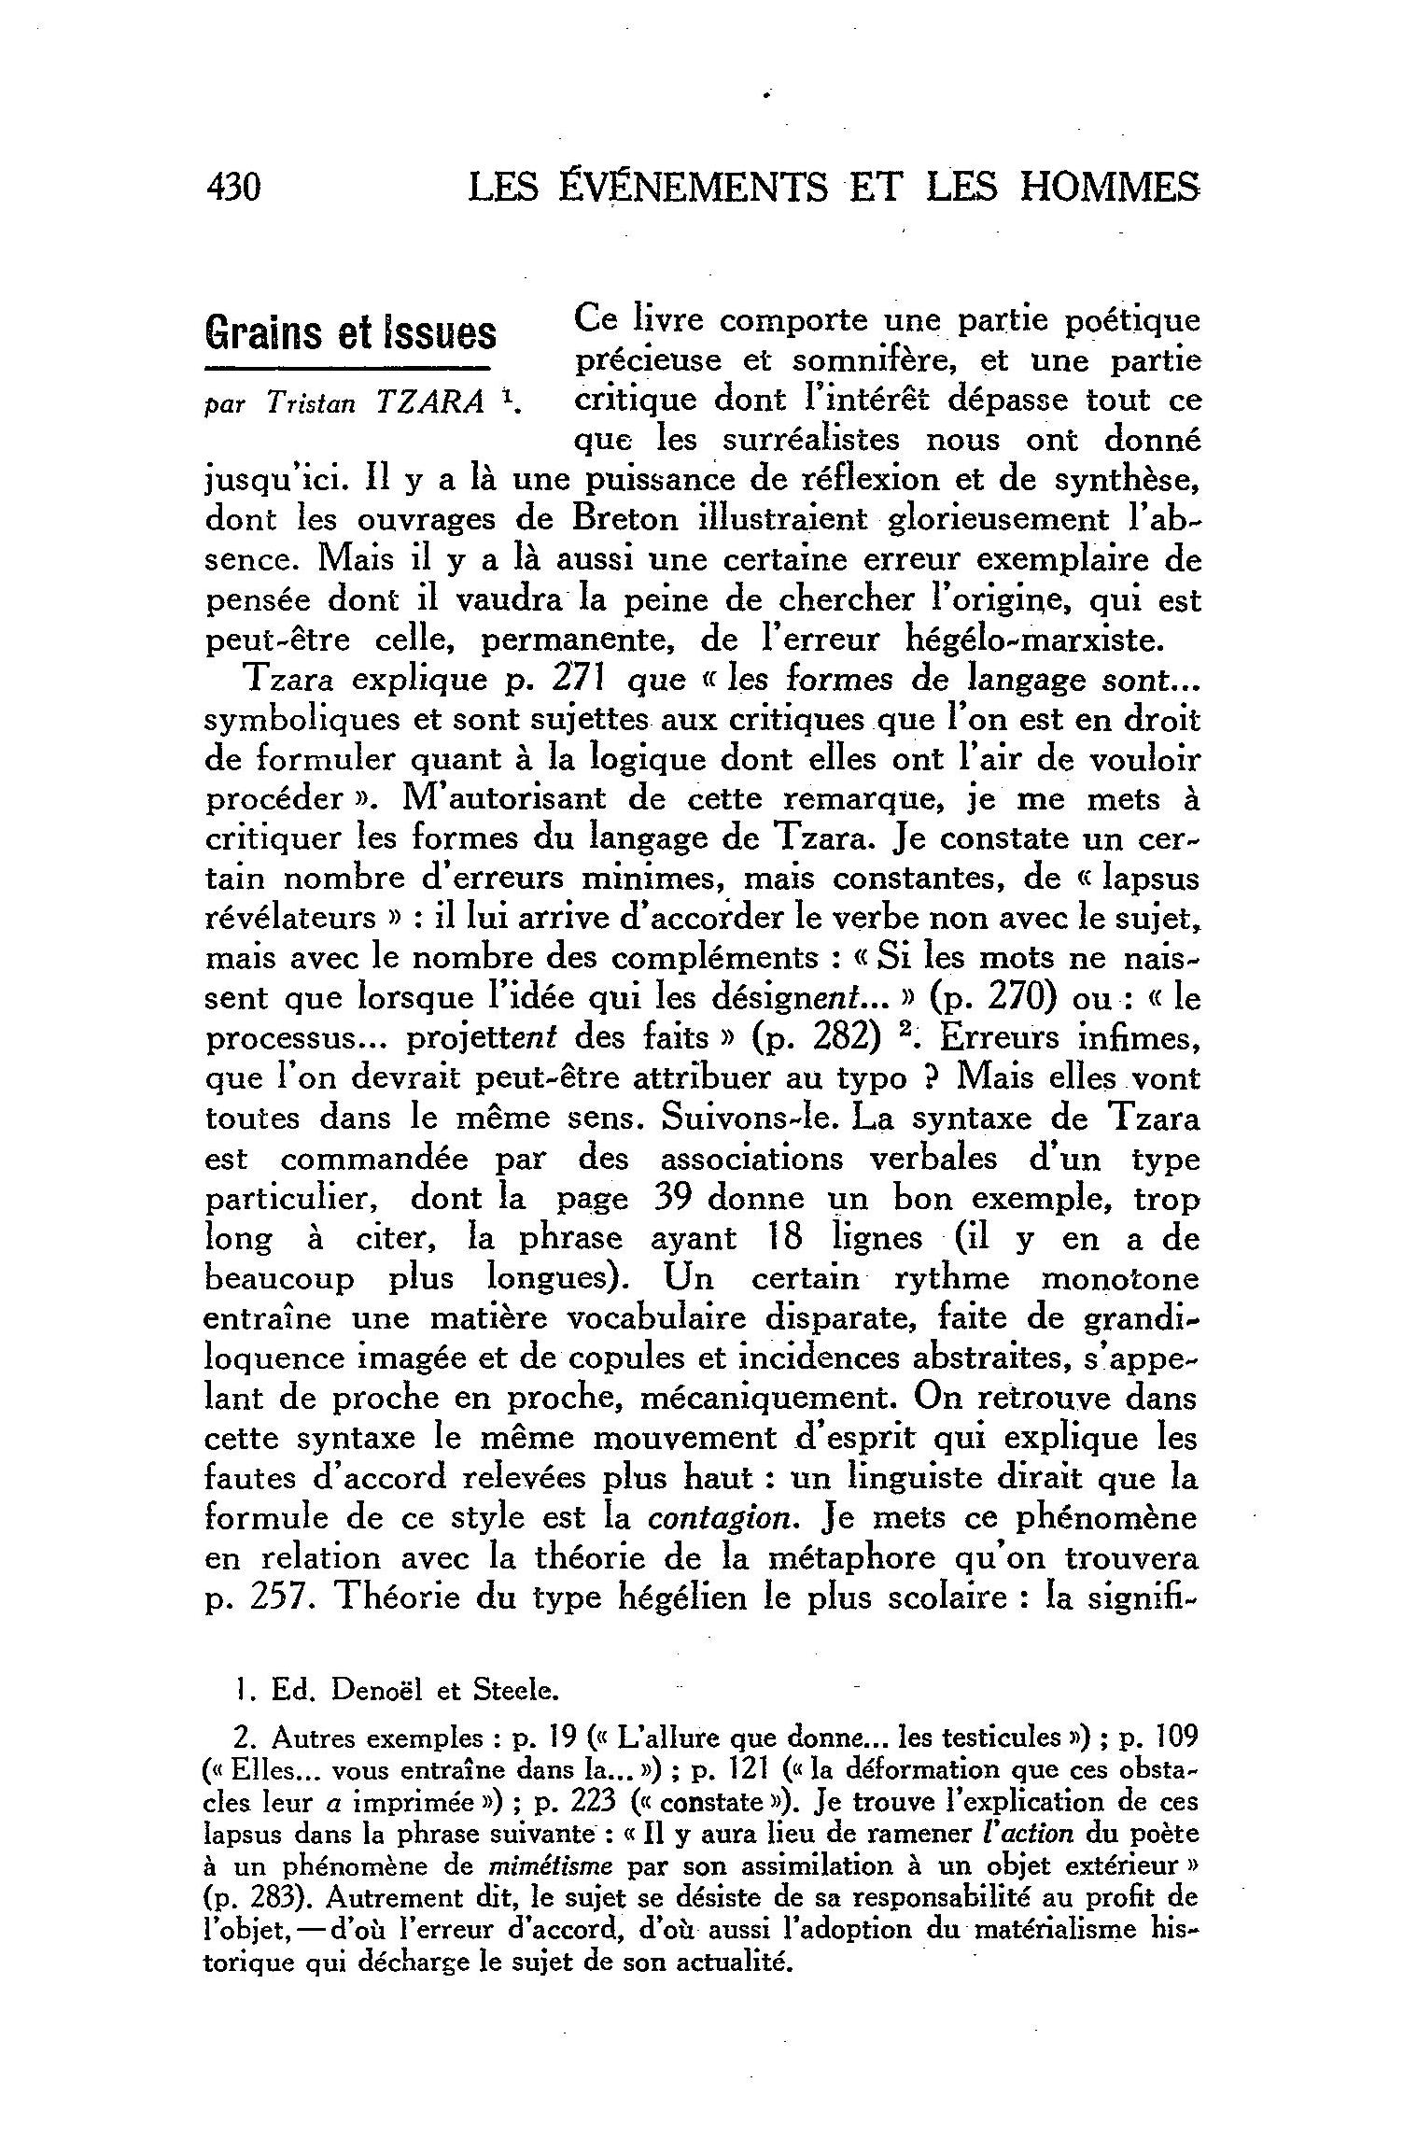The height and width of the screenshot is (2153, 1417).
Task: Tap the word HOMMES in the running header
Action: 1107,188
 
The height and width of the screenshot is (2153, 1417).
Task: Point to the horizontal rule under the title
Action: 349,365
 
